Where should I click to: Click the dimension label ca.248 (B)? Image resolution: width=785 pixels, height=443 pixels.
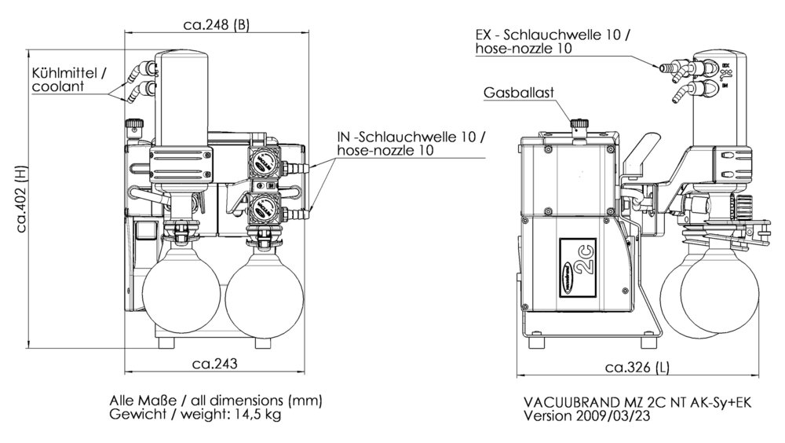[216, 24]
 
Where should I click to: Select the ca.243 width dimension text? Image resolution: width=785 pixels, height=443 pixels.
[214, 363]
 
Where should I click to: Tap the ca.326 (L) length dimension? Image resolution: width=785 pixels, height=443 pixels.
[638, 367]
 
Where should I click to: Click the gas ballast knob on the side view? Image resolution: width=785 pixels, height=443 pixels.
[580, 124]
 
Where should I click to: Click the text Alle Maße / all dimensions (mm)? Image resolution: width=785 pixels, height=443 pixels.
[216, 400]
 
